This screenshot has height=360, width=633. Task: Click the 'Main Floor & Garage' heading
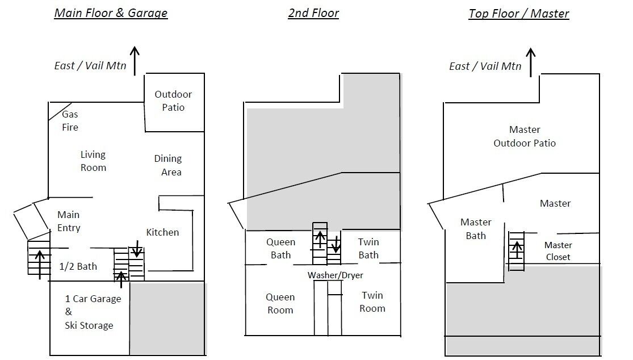(x=111, y=13)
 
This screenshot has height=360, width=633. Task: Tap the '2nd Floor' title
(x=313, y=13)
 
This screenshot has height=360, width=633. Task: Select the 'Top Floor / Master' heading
(x=519, y=14)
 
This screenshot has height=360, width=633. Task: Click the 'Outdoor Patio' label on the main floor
(x=173, y=101)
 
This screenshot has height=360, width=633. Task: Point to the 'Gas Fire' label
(x=70, y=121)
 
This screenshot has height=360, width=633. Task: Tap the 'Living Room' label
(x=93, y=161)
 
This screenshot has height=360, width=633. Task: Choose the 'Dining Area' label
(x=168, y=165)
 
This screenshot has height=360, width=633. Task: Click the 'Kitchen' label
(x=162, y=232)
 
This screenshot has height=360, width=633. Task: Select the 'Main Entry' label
(x=69, y=221)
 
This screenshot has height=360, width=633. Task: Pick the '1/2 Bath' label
(x=78, y=266)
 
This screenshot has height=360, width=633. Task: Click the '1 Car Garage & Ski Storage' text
(x=93, y=312)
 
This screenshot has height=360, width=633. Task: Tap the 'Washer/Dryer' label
(x=335, y=275)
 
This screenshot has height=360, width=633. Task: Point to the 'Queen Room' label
(x=280, y=303)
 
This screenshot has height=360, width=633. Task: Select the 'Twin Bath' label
(x=368, y=249)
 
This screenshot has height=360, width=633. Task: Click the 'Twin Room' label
(x=372, y=302)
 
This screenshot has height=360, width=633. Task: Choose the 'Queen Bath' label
(x=280, y=249)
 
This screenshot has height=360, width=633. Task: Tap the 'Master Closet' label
(x=558, y=251)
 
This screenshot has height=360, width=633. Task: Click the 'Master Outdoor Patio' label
(x=525, y=136)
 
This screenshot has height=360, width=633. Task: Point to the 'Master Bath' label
(x=476, y=229)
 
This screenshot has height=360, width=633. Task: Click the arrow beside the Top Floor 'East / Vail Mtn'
(x=530, y=62)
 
